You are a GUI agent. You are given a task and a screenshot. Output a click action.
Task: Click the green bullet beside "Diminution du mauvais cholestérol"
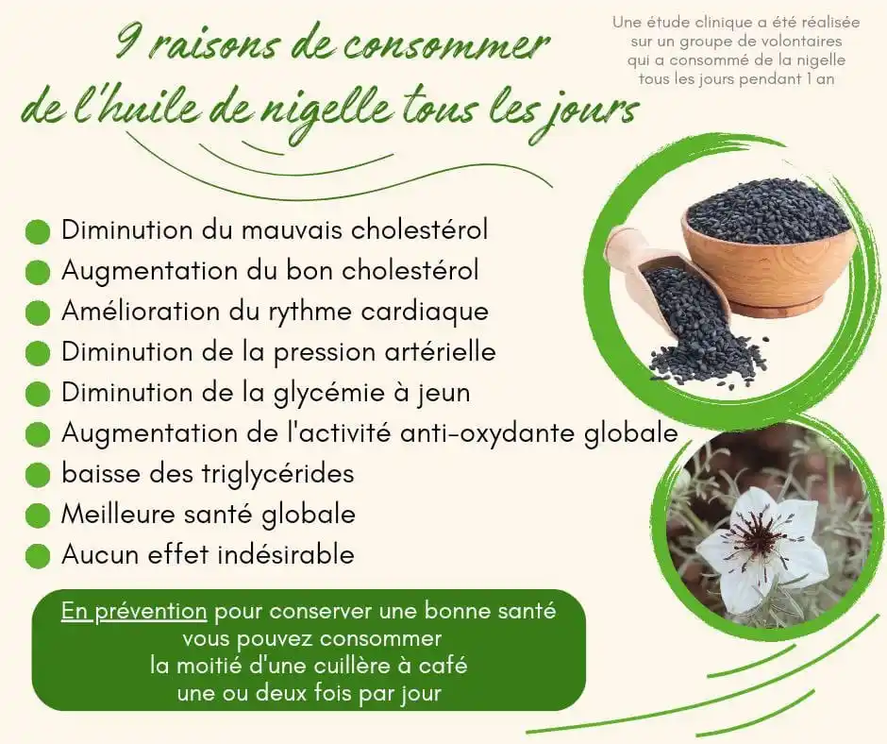[x=38, y=232]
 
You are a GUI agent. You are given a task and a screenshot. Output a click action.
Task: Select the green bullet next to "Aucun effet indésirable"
[x=38, y=556]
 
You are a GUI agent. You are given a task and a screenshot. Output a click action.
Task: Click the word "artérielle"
[x=442, y=351]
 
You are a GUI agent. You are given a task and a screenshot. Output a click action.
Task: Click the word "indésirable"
[x=286, y=554]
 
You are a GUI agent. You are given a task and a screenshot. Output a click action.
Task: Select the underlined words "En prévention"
[x=134, y=612]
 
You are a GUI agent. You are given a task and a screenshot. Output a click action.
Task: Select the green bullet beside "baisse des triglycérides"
[x=38, y=475]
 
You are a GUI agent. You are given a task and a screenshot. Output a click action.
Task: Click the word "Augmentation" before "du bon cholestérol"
[x=149, y=272]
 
